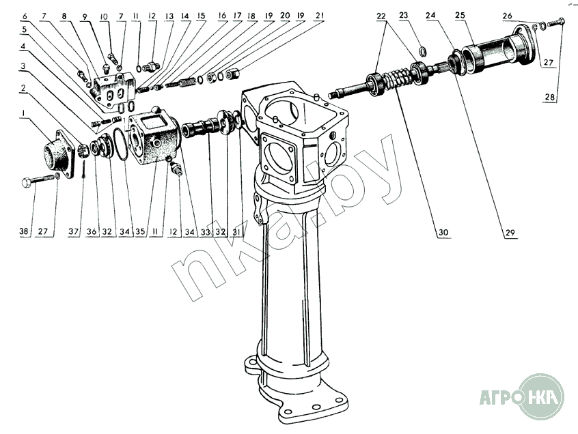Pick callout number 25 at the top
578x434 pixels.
click(480, 14)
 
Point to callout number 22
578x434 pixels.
click(381, 14)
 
